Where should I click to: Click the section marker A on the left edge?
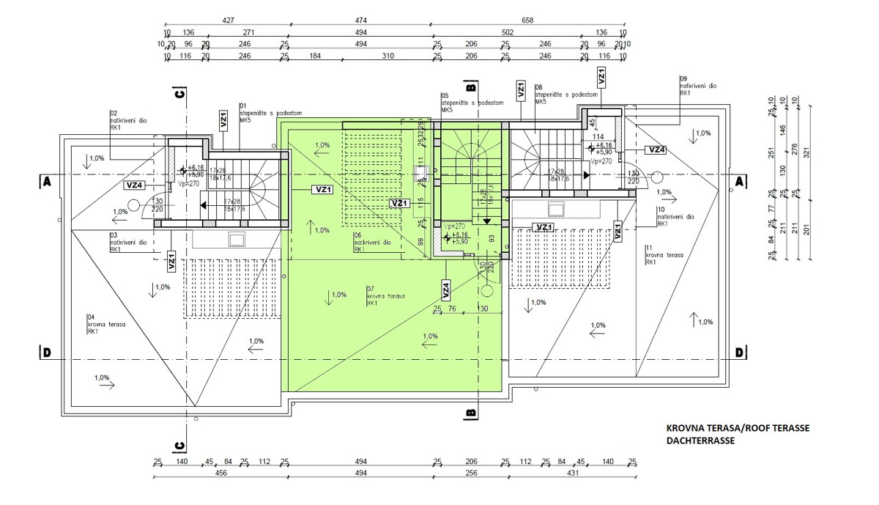(46, 183)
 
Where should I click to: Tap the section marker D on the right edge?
(739, 352)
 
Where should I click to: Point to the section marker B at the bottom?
(470, 413)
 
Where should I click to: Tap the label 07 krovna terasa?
(385, 295)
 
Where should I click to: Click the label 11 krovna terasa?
(664, 255)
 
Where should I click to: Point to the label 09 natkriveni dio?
(697, 86)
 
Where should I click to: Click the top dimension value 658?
(527, 21)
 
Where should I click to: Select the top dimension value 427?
(228, 21)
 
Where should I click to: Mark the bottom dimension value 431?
(573, 473)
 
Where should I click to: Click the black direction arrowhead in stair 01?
(202, 205)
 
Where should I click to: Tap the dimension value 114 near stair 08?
(597, 136)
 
